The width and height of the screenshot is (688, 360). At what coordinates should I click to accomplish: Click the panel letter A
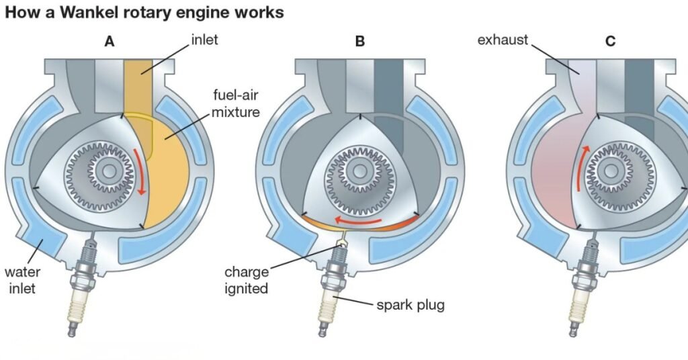(110, 41)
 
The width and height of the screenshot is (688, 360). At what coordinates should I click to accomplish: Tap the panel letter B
(360, 41)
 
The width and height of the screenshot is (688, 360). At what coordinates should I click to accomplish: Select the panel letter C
(610, 41)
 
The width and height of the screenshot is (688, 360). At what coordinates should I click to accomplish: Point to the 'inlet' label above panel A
(203, 40)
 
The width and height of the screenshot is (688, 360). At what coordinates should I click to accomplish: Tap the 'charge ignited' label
(246, 281)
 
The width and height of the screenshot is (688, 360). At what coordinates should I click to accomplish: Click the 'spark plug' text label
(410, 306)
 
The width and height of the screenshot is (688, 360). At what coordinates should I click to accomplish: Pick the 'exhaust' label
(503, 40)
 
